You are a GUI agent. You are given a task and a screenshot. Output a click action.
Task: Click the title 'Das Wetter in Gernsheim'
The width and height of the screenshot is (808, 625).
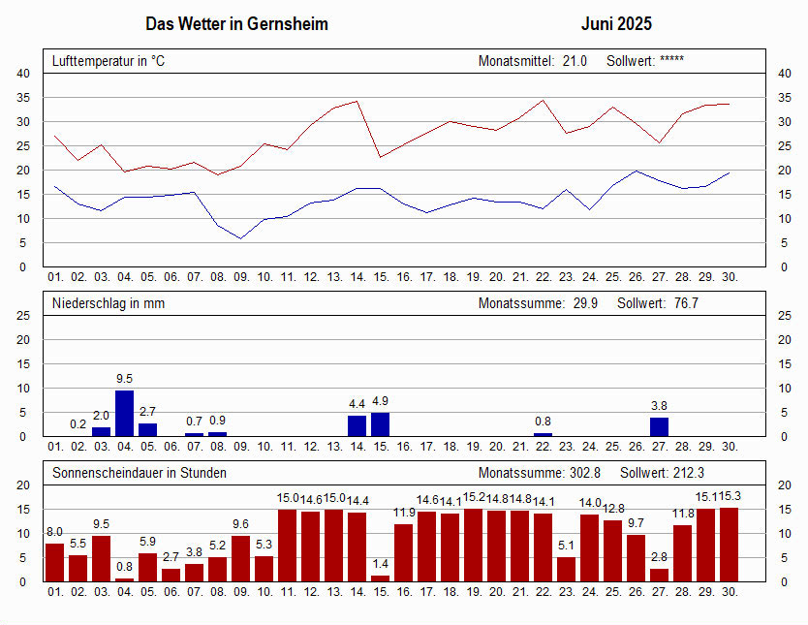(x=236, y=23)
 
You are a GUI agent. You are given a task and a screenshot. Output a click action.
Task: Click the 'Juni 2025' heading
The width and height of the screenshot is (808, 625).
(x=616, y=23)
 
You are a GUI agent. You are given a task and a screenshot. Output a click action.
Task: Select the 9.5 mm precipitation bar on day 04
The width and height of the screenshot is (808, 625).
(x=125, y=413)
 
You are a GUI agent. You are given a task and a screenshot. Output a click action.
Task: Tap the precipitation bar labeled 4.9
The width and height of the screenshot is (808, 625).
(x=381, y=424)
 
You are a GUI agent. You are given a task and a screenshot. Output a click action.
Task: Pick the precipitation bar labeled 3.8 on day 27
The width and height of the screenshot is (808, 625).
(x=659, y=427)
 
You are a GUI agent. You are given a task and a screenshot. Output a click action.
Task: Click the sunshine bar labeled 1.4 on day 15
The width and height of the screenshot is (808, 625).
(x=381, y=578)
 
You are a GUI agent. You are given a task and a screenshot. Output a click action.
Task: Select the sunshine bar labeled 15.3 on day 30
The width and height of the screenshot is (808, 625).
(x=730, y=545)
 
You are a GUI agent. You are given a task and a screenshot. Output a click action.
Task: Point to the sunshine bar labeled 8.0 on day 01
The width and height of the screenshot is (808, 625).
(x=54, y=563)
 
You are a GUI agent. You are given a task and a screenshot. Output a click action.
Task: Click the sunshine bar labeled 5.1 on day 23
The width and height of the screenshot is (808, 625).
(x=567, y=570)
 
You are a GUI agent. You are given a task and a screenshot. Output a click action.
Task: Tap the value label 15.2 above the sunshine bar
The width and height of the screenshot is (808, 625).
(x=474, y=497)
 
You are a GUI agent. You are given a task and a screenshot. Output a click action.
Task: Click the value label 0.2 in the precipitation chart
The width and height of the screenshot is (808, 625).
(x=78, y=424)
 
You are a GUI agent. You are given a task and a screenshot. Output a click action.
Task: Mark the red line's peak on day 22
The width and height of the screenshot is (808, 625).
(x=543, y=101)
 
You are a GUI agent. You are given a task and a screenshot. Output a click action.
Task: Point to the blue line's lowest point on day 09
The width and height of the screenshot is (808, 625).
(x=240, y=238)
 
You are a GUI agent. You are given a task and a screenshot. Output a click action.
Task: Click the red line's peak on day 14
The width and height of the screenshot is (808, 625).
(x=357, y=101)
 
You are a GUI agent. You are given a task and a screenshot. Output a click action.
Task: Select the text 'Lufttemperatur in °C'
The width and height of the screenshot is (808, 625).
(x=109, y=61)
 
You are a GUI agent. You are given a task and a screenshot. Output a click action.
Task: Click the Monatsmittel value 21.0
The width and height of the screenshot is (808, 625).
(x=575, y=61)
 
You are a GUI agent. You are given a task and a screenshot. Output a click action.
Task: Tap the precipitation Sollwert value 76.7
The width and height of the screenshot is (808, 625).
(x=686, y=303)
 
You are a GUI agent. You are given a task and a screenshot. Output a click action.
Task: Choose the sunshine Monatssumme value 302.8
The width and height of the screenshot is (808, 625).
(x=585, y=473)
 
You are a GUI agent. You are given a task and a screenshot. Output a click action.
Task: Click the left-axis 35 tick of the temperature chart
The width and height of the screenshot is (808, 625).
(x=23, y=97)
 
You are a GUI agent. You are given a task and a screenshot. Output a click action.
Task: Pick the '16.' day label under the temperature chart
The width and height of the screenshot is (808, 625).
(x=404, y=277)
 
